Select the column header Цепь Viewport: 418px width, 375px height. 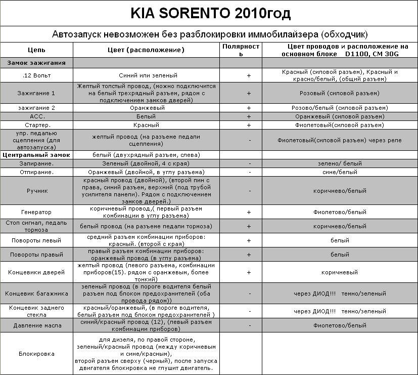[x=36, y=50]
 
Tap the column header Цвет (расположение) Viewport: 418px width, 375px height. [x=147, y=50]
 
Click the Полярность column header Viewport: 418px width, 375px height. [x=241, y=50]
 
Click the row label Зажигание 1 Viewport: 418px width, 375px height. [x=36, y=93]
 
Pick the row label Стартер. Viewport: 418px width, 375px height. [x=36, y=125]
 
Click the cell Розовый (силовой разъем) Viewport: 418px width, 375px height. [x=340, y=93]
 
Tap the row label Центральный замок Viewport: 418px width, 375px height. [x=36, y=155]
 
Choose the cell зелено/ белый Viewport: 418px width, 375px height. [x=340, y=163]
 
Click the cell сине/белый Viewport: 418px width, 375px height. [x=340, y=172]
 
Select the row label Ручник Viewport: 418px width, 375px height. [x=36, y=191]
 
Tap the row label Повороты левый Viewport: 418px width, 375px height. [x=36, y=240]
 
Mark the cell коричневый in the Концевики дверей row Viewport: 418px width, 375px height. [x=340, y=272]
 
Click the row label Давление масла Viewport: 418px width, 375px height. [x=36, y=325]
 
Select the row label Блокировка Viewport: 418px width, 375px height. [x=36, y=354]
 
